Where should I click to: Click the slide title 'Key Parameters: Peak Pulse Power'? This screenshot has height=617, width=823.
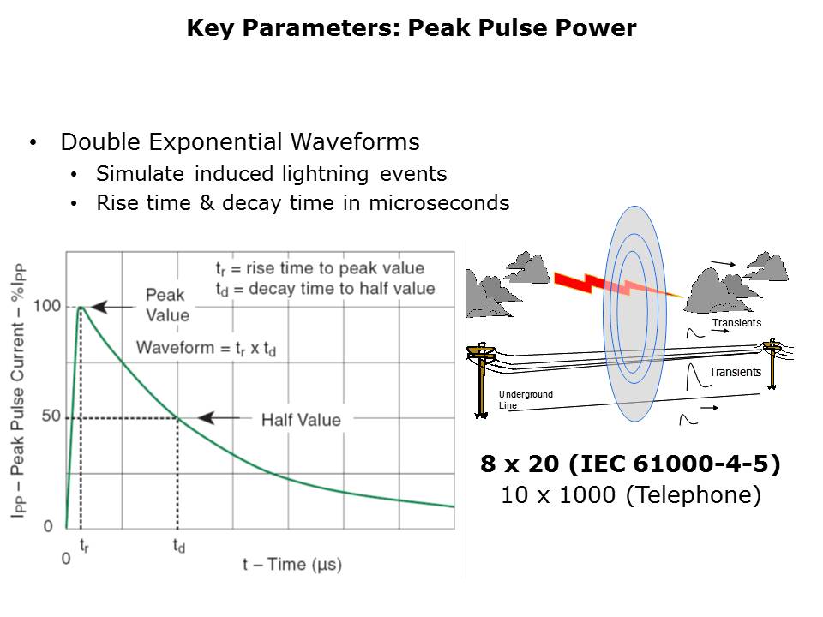[411, 27]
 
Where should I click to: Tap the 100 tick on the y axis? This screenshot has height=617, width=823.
[47, 306]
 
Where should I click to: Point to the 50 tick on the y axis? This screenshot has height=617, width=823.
[51, 416]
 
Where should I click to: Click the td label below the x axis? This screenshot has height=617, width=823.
[179, 546]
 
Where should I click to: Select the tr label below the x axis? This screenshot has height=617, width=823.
[84, 546]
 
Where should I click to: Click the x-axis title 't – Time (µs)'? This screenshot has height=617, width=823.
[292, 565]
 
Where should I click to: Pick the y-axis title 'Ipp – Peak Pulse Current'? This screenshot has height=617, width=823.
[17, 391]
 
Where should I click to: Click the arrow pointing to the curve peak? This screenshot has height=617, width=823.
[112, 307]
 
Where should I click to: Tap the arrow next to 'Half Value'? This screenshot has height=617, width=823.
[219, 417]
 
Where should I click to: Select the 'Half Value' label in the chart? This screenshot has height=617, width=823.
[301, 420]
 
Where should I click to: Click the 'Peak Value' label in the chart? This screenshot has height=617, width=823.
[167, 305]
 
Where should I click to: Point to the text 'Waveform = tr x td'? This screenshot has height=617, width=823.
[207, 349]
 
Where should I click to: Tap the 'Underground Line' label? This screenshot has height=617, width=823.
[526, 400]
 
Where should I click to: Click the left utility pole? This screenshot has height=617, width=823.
[481, 380]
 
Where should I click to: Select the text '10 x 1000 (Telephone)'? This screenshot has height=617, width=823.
[631, 494]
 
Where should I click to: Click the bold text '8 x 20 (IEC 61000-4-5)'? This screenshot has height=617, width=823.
[630, 464]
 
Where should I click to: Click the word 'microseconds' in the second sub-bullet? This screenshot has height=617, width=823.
[439, 203]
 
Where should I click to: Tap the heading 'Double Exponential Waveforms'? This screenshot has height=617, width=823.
[240, 142]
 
